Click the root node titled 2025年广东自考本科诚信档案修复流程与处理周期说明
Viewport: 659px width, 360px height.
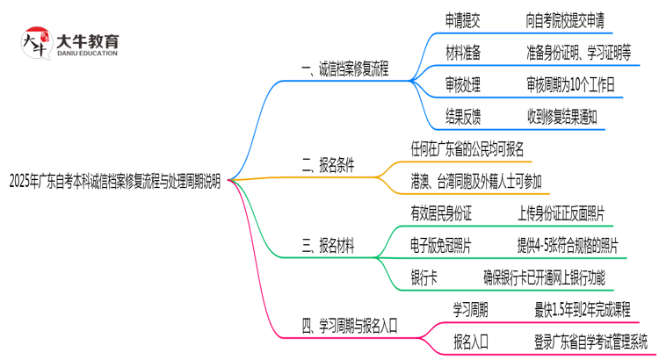(x=115, y=179)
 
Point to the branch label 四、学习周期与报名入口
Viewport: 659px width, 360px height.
(x=350, y=325)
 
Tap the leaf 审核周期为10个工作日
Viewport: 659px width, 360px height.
(x=571, y=84)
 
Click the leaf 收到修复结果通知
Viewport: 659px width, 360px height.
(x=574, y=115)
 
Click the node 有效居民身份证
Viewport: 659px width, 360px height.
(x=442, y=213)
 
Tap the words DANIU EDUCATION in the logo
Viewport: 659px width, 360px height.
(x=86, y=54)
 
